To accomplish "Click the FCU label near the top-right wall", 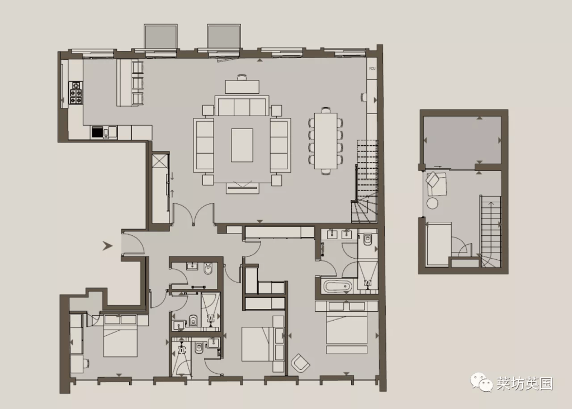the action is pyautogui.click(x=372, y=69).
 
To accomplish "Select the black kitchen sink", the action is pyautogui.click(x=97, y=132).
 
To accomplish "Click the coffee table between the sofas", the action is pyautogui.click(x=242, y=145).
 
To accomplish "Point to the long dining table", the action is pyautogui.click(x=326, y=141).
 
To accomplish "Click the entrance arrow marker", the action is pyautogui.click(x=107, y=246).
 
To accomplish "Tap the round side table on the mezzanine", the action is pyautogui.click(x=432, y=203).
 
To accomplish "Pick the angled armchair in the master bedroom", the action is pyautogui.click(x=300, y=363).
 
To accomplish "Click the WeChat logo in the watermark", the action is pyautogui.click(x=481, y=382).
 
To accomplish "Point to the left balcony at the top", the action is pyautogui.click(x=160, y=36).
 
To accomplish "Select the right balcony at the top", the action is pyautogui.click(x=224, y=36).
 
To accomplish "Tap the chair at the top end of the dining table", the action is pyautogui.click(x=326, y=110).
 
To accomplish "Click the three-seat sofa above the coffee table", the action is pyautogui.click(x=242, y=106).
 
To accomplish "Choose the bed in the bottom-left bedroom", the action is pyautogui.click(x=120, y=335).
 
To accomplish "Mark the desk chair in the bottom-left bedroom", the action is pyautogui.click(x=86, y=363).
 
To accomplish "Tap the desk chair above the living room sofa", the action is pyautogui.click(x=242, y=77).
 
